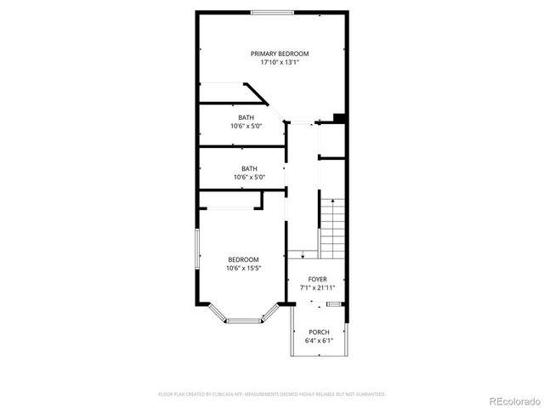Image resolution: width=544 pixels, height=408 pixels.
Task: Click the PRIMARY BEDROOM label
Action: tap(279, 54)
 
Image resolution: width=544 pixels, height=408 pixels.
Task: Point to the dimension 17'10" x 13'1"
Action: tap(279, 62)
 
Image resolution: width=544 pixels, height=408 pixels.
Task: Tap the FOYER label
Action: tap(317, 279)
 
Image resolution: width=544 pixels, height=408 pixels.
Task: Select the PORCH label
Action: tap(319, 332)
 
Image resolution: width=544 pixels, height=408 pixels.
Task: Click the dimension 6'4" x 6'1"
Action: tap(319, 341)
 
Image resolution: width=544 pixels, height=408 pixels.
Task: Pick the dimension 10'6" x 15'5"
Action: tap(243, 269)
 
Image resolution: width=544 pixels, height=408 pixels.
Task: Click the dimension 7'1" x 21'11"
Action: tap(317, 287)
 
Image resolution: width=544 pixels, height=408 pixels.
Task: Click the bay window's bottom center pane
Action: tap(246, 320)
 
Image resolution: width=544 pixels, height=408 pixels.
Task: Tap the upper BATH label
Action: tap(246, 117)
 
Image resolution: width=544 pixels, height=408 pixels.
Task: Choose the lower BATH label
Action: tap(249, 168)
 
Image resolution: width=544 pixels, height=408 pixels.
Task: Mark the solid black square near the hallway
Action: tap(338, 119)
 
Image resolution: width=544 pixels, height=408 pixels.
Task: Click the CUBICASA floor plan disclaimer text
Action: tap(272, 394)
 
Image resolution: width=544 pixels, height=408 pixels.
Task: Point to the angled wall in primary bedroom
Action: tap(256, 93)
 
